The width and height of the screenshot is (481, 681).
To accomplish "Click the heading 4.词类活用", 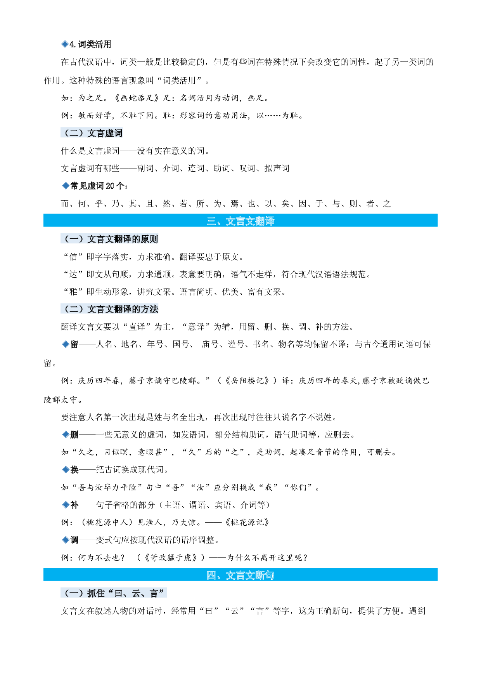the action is [90, 44].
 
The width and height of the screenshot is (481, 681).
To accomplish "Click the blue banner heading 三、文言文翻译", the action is [240, 221].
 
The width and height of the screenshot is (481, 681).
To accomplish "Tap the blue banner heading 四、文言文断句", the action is [240, 575].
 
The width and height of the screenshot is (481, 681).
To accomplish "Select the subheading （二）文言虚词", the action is [92, 133].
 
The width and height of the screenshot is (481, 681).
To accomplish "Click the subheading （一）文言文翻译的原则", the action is [110, 239].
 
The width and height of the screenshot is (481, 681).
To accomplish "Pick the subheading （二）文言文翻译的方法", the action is [110, 309].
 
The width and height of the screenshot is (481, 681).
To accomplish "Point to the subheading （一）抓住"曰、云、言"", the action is [114, 593].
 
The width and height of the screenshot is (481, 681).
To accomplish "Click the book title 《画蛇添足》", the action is [137, 98].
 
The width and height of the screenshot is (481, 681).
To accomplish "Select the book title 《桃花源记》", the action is [247, 522].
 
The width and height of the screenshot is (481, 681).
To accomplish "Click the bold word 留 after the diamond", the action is [74, 344].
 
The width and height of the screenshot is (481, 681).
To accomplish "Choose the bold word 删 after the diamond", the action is [74, 434].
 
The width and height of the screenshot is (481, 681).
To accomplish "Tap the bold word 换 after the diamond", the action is [74, 470].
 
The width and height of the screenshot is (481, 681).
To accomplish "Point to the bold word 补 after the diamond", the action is [74, 505].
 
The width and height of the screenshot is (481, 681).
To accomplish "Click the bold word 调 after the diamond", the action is [74, 540].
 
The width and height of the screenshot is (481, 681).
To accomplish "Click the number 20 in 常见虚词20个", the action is [110, 186].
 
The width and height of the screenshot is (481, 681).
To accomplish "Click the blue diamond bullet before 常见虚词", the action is [66, 186].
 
